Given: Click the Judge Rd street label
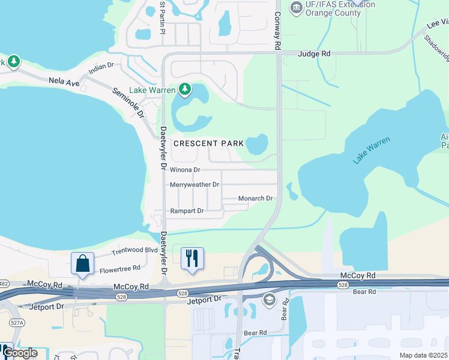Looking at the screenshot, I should tap(318, 53).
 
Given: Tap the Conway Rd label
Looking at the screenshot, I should tap(277, 30).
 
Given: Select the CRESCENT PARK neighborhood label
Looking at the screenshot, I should tap(209, 143).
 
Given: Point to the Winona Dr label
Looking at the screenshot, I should tap(185, 170).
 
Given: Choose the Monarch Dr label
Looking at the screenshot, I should tap(256, 198).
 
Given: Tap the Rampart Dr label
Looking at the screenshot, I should tap(187, 211).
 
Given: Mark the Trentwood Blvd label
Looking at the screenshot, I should tap(135, 250).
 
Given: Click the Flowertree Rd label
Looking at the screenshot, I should tap(119, 268).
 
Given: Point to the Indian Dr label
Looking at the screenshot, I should tap(101, 68).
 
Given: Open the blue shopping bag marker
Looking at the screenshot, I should tap(82, 263).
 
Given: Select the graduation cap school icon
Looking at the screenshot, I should tap(270, 300).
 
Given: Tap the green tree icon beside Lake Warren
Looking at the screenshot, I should tap(185, 90).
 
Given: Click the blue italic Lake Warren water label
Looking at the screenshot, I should tap(372, 150).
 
